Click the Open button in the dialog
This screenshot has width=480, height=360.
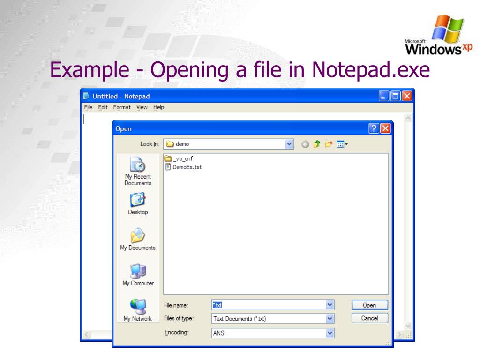[x=370, y=305]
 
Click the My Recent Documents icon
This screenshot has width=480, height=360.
[x=137, y=165]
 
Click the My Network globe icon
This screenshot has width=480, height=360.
[x=137, y=305]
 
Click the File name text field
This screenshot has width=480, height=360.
[x=270, y=305]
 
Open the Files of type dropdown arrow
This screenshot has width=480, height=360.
[x=330, y=319]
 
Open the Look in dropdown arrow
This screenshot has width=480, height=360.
[x=289, y=144]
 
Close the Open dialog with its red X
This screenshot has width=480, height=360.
[x=385, y=128]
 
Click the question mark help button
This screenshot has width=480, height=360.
[x=374, y=128]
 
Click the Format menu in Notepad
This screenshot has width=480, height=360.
[x=121, y=107]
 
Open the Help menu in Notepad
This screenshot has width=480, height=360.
[x=159, y=107]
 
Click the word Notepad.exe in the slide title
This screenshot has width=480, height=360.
[x=371, y=70]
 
